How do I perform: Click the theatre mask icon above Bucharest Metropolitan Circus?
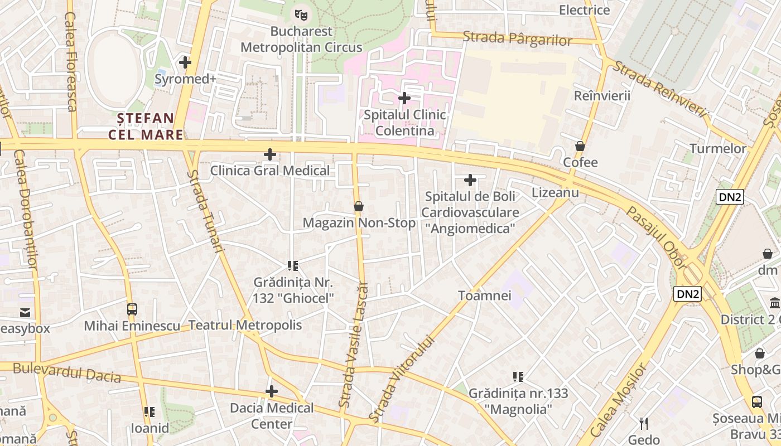pyautogui.click(x=301, y=14)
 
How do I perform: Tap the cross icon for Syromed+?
pyautogui.click(x=185, y=62)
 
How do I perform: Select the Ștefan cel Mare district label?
pyautogui.click(x=146, y=126)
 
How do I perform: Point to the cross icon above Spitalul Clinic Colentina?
pyautogui.click(x=404, y=99)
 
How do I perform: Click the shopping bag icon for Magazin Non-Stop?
pyautogui.click(x=359, y=206)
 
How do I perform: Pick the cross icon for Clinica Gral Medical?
pyautogui.click(x=270, y=154)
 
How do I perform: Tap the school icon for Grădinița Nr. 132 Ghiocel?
pyautogui.click(x=293, y=265)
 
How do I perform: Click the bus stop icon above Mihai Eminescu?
pyautogui.click(x=132, y=309)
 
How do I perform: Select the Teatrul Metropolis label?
pyautogui.click(x=245, y=325)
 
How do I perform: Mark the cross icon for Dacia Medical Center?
pyautogui.click(x=272, y=391)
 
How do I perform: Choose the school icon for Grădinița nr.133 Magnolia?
pyautogui.click(x=518, y=377)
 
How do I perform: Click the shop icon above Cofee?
pyautogui.click(x=580, y=146)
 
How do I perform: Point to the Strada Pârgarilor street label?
pyautogui.click(x=517, y=38)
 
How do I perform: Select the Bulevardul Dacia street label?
pyautogui.click(x=67, y=372)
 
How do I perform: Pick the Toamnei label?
pyautogui.click(x=484, y=295)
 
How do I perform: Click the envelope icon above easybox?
pyautogui.click(x=25, y=312)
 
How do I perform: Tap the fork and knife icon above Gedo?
pyautogui.click(x=644, y=424)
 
